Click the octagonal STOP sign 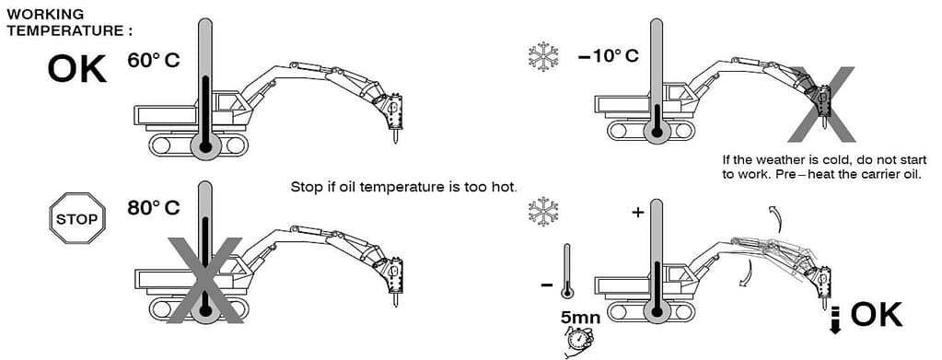click(77, 218)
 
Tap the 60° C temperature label click(153, 60)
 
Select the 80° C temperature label click(153, 208)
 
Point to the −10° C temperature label click(609, 56)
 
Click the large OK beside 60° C click(77, 68)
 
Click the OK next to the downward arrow click(876, 314)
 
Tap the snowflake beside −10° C click(543, 56)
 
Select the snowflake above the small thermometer click(542, 212)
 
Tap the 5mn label click(580, 317)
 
